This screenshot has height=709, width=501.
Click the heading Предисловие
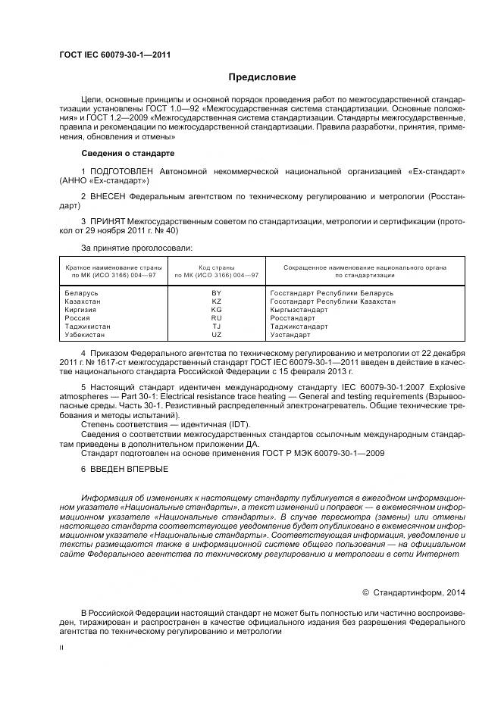[262, 77]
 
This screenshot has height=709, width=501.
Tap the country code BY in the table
[216, 292]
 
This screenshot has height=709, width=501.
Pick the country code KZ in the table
[216, 301]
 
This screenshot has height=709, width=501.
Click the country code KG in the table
[216, 309]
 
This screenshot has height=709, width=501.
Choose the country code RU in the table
[216, 317]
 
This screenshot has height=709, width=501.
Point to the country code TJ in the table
[216, 326]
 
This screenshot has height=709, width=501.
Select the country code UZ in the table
[216, 334]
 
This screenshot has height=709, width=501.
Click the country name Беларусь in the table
[83, 292]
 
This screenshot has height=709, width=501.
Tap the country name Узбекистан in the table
[88, 334]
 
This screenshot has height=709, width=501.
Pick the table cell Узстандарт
[290, 334]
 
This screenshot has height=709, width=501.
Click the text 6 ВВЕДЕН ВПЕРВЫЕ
[120, 470]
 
